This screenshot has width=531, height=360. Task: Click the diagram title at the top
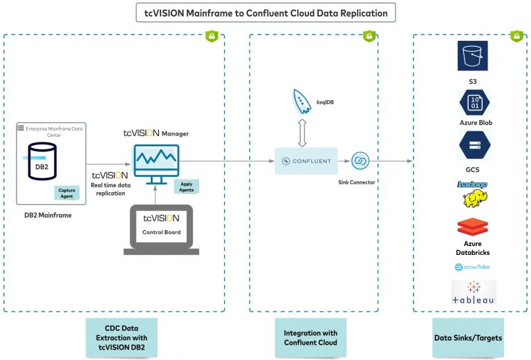pos(265,12)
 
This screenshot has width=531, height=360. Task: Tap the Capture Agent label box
pos(68,193)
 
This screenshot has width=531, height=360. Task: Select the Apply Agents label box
pos(186,186)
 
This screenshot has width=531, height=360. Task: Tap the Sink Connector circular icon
pos(360,161)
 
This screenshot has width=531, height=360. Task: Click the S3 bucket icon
pos(474,55)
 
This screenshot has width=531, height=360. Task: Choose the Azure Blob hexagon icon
pos(474,103)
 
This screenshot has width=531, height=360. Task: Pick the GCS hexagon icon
pos(474,146)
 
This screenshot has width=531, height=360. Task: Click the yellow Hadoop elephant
pos(473,200)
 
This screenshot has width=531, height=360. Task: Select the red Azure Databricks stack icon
pos(473,227)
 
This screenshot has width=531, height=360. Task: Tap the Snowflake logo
pos(473,267)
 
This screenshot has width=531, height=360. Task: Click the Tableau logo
pos(474,292)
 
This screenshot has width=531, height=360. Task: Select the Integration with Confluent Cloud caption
pos(312,338)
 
